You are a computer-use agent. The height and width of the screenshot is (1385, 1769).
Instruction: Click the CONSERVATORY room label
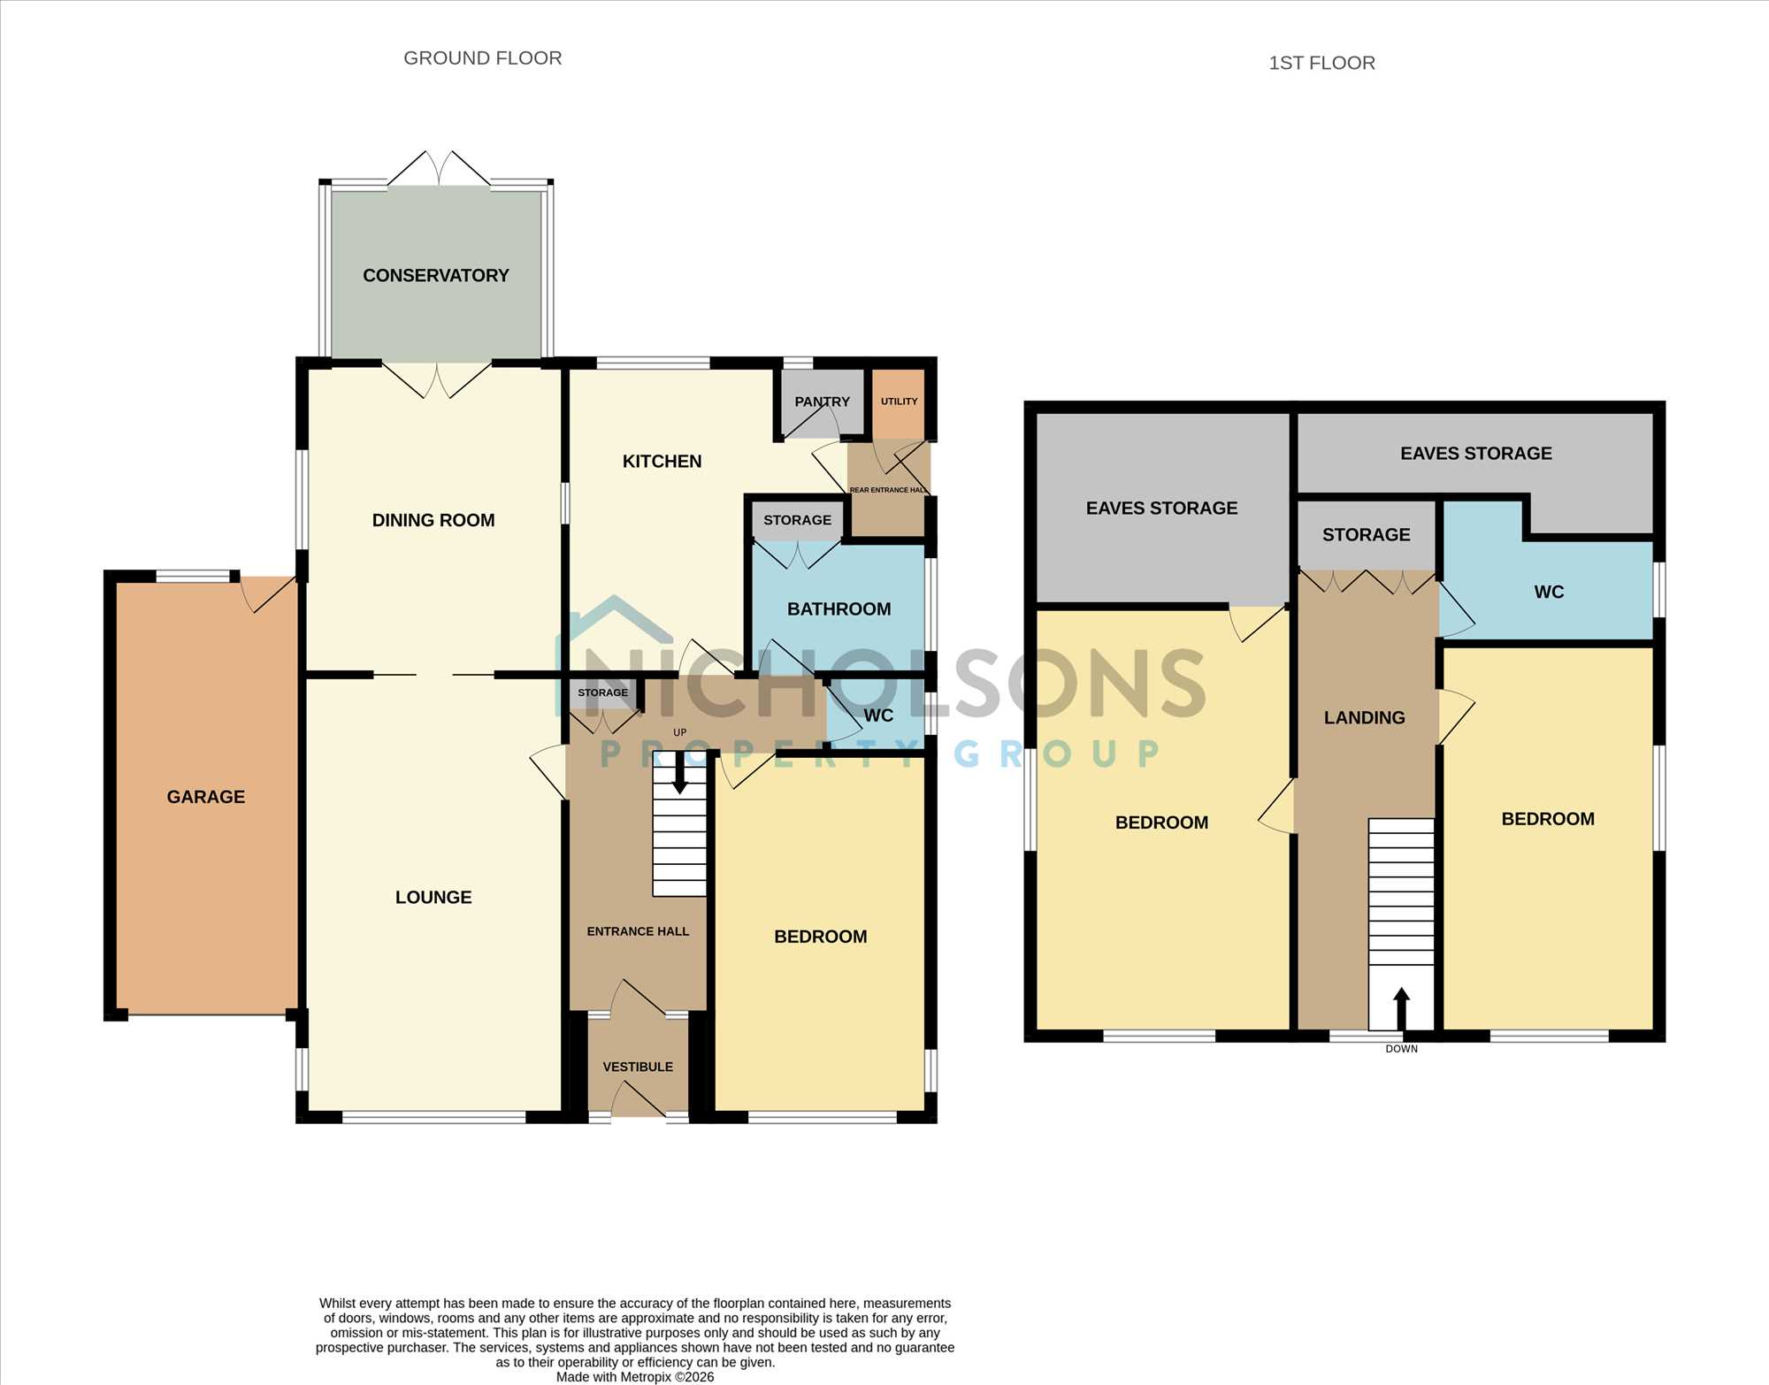coord(436,275)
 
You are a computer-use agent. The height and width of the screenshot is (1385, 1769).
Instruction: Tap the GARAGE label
coord(206,797)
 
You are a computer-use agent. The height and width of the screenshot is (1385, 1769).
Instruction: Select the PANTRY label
coord(822,402)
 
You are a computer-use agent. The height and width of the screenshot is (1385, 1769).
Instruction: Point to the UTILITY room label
coord(899,402)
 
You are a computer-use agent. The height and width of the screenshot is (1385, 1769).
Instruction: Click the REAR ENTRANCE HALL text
coord(888,490)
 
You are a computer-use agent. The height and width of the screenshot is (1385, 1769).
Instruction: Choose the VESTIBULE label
coord(638,1067)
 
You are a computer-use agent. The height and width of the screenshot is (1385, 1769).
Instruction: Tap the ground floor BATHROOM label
coord(839,609)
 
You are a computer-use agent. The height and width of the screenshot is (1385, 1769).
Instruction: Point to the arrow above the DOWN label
coord(1401,1008)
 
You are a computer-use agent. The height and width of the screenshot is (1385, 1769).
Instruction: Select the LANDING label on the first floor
coord(1365,718)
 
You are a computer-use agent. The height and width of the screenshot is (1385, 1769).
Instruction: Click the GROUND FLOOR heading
coord(483,58)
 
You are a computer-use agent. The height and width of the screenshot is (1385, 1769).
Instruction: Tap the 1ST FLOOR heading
coord(1322,63)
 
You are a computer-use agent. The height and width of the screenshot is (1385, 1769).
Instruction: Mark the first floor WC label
coord(1549,592)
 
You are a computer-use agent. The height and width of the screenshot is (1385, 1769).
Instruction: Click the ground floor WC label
coord(878,715)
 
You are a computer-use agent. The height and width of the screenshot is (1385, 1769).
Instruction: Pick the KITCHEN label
coord(662,462)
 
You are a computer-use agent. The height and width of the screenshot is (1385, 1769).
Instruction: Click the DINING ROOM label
coord(433,520)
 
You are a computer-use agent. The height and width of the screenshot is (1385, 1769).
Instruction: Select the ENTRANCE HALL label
coord(638,931)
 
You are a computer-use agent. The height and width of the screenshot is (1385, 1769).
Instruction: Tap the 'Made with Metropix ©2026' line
coord(635,1377)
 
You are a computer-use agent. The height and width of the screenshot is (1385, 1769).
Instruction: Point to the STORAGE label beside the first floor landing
coord(1367,535)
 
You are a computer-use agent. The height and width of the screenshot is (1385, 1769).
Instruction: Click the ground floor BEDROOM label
coord(821,937)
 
